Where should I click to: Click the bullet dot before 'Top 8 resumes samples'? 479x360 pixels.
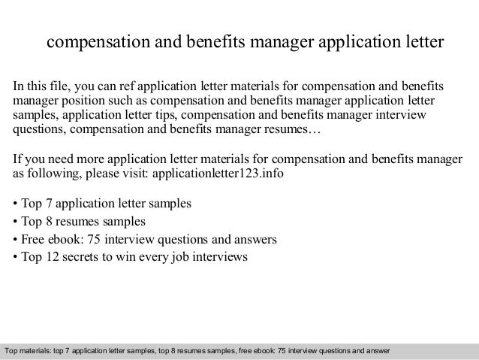pyautogui.click(x=16, y=222)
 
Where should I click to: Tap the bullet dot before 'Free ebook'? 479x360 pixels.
pyautogui.click(x=16, y=241)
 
